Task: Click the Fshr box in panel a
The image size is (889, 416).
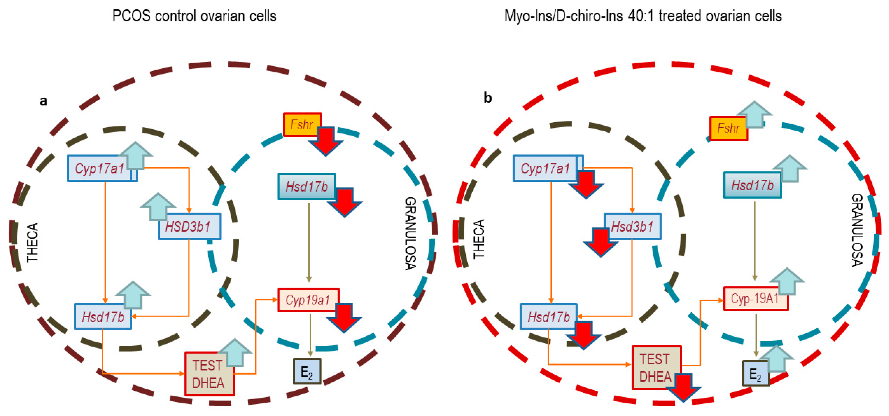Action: (301, 124)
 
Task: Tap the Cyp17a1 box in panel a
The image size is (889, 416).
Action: (100, 168)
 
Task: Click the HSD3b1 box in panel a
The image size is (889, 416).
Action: (189, 227)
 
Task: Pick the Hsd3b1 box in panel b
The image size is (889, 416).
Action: (633, 227)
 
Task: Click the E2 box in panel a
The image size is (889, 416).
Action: (307, 371)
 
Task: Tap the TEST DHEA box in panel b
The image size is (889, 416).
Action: (656, 368)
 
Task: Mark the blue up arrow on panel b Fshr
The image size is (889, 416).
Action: (754, 114)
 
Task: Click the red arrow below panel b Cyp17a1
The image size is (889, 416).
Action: (586, 184)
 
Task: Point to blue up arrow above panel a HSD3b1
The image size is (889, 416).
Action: (158, 206)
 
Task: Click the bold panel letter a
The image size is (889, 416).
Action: (44, 101)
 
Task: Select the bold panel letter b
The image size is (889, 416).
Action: (487, 98)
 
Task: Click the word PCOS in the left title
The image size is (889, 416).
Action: (131, 16)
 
